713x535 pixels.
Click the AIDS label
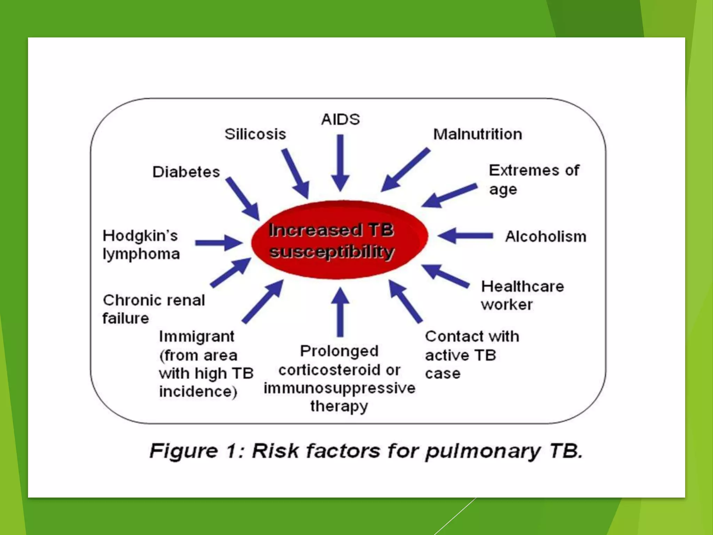[340, 119]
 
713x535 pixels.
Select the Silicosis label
[255, 134]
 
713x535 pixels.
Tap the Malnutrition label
[477, 134]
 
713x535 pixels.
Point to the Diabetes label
[186, 172]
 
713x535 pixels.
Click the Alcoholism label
[546, 237]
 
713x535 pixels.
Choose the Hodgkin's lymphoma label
[141, 245]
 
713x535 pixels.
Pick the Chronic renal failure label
[154, 309]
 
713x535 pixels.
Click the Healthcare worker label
[522, 295]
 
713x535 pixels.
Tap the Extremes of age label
[534, 180]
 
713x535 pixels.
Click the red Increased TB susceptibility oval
[339, 240]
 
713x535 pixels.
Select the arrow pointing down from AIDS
[340, 162]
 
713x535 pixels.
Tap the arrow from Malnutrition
[405, 170]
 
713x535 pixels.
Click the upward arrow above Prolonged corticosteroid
[340, 312]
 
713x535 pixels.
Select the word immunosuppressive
[339, 388]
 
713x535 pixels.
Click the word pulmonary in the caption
[483, 451]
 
